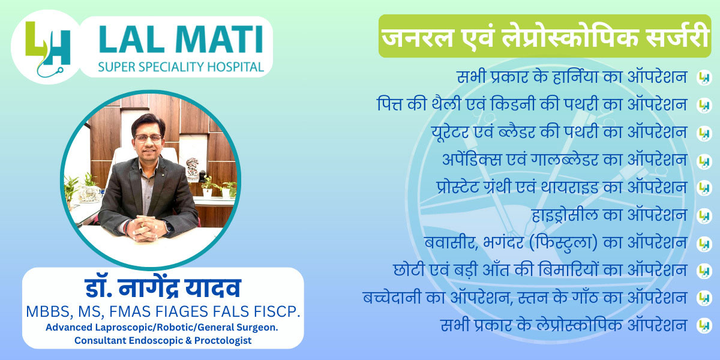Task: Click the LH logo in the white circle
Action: coord(47,48)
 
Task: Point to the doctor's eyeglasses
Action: coord(148,139)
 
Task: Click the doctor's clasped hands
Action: coord(146,227)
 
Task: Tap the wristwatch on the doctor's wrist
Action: coord(168,227)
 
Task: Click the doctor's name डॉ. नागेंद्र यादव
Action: coord(163,288)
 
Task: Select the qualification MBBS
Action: coord(47,311)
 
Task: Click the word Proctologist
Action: coord(223,340)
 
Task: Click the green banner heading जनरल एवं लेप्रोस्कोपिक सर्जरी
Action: coord(545,36)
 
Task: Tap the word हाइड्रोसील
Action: coord(565,215)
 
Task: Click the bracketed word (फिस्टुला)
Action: coord(563,242)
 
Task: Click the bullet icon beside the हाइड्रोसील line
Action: coord(704,215)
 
